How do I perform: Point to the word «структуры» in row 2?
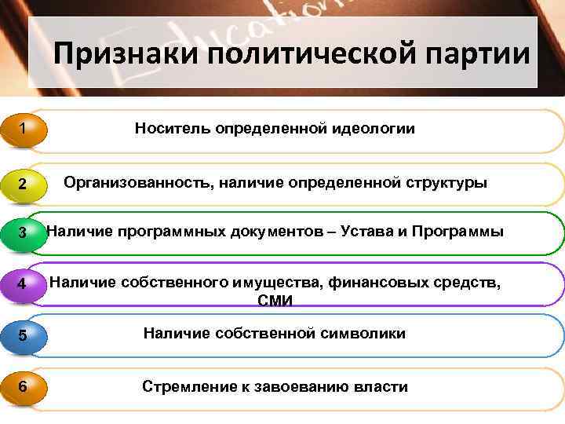click(x=448, y=183)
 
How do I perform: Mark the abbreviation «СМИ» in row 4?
click(x=275, y=301)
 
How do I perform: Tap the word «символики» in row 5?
click(x=363, y=334)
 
